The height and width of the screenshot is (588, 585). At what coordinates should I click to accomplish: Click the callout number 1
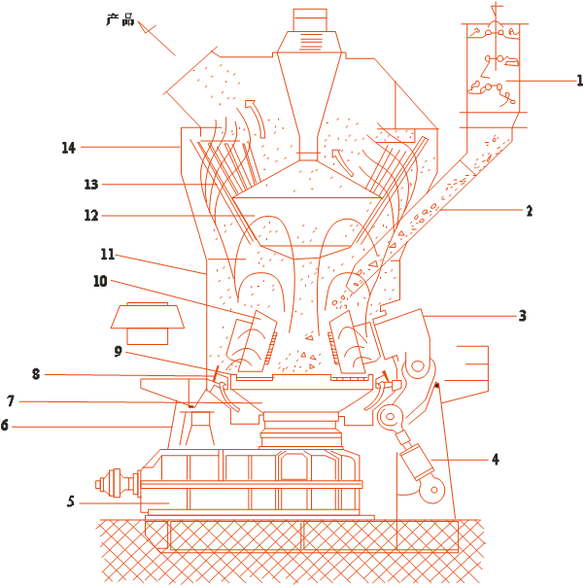click(x=579, y=81)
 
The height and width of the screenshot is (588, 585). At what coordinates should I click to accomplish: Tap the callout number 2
click(x=530, y=211)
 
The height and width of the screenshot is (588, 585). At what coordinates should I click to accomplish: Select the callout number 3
click(x=523, y=316)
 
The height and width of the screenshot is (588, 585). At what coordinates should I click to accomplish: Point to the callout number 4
click(x=496, y=460)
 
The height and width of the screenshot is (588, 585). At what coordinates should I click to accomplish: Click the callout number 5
click(x=71, y=502)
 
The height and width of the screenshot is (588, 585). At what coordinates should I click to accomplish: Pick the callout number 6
click(x=5, y=426)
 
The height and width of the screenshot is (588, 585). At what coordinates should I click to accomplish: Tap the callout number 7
click(x=11, y=401)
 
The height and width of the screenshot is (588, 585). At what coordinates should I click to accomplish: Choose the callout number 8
click(x=36, y=374)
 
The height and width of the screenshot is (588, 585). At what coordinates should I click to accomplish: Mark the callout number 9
click(x=119, y=352)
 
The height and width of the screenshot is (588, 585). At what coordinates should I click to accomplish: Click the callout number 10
click(x=100, y=281)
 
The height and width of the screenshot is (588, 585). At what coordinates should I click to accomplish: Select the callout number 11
click(x=108, y=255)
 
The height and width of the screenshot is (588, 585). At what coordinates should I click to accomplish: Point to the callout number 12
click(x=91, y=215)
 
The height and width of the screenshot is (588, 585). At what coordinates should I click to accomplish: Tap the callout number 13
click(x=91, y=184)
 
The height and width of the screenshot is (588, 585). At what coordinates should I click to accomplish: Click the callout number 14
click(x=69, y=148)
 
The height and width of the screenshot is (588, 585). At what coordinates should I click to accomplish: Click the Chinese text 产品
click(x=120, y=19)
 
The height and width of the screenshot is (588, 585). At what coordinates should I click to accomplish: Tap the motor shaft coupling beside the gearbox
click(x=117, y=483)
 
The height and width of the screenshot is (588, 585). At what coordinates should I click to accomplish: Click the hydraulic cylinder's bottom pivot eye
click(x=433, y=490)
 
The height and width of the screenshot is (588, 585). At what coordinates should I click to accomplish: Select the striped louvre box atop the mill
click(x=310, y=42)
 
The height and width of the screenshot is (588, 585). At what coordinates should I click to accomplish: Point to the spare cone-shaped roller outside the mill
click(x=148, y=324)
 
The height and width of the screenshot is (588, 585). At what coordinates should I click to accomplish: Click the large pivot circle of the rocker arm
click(x=418, y=365)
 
